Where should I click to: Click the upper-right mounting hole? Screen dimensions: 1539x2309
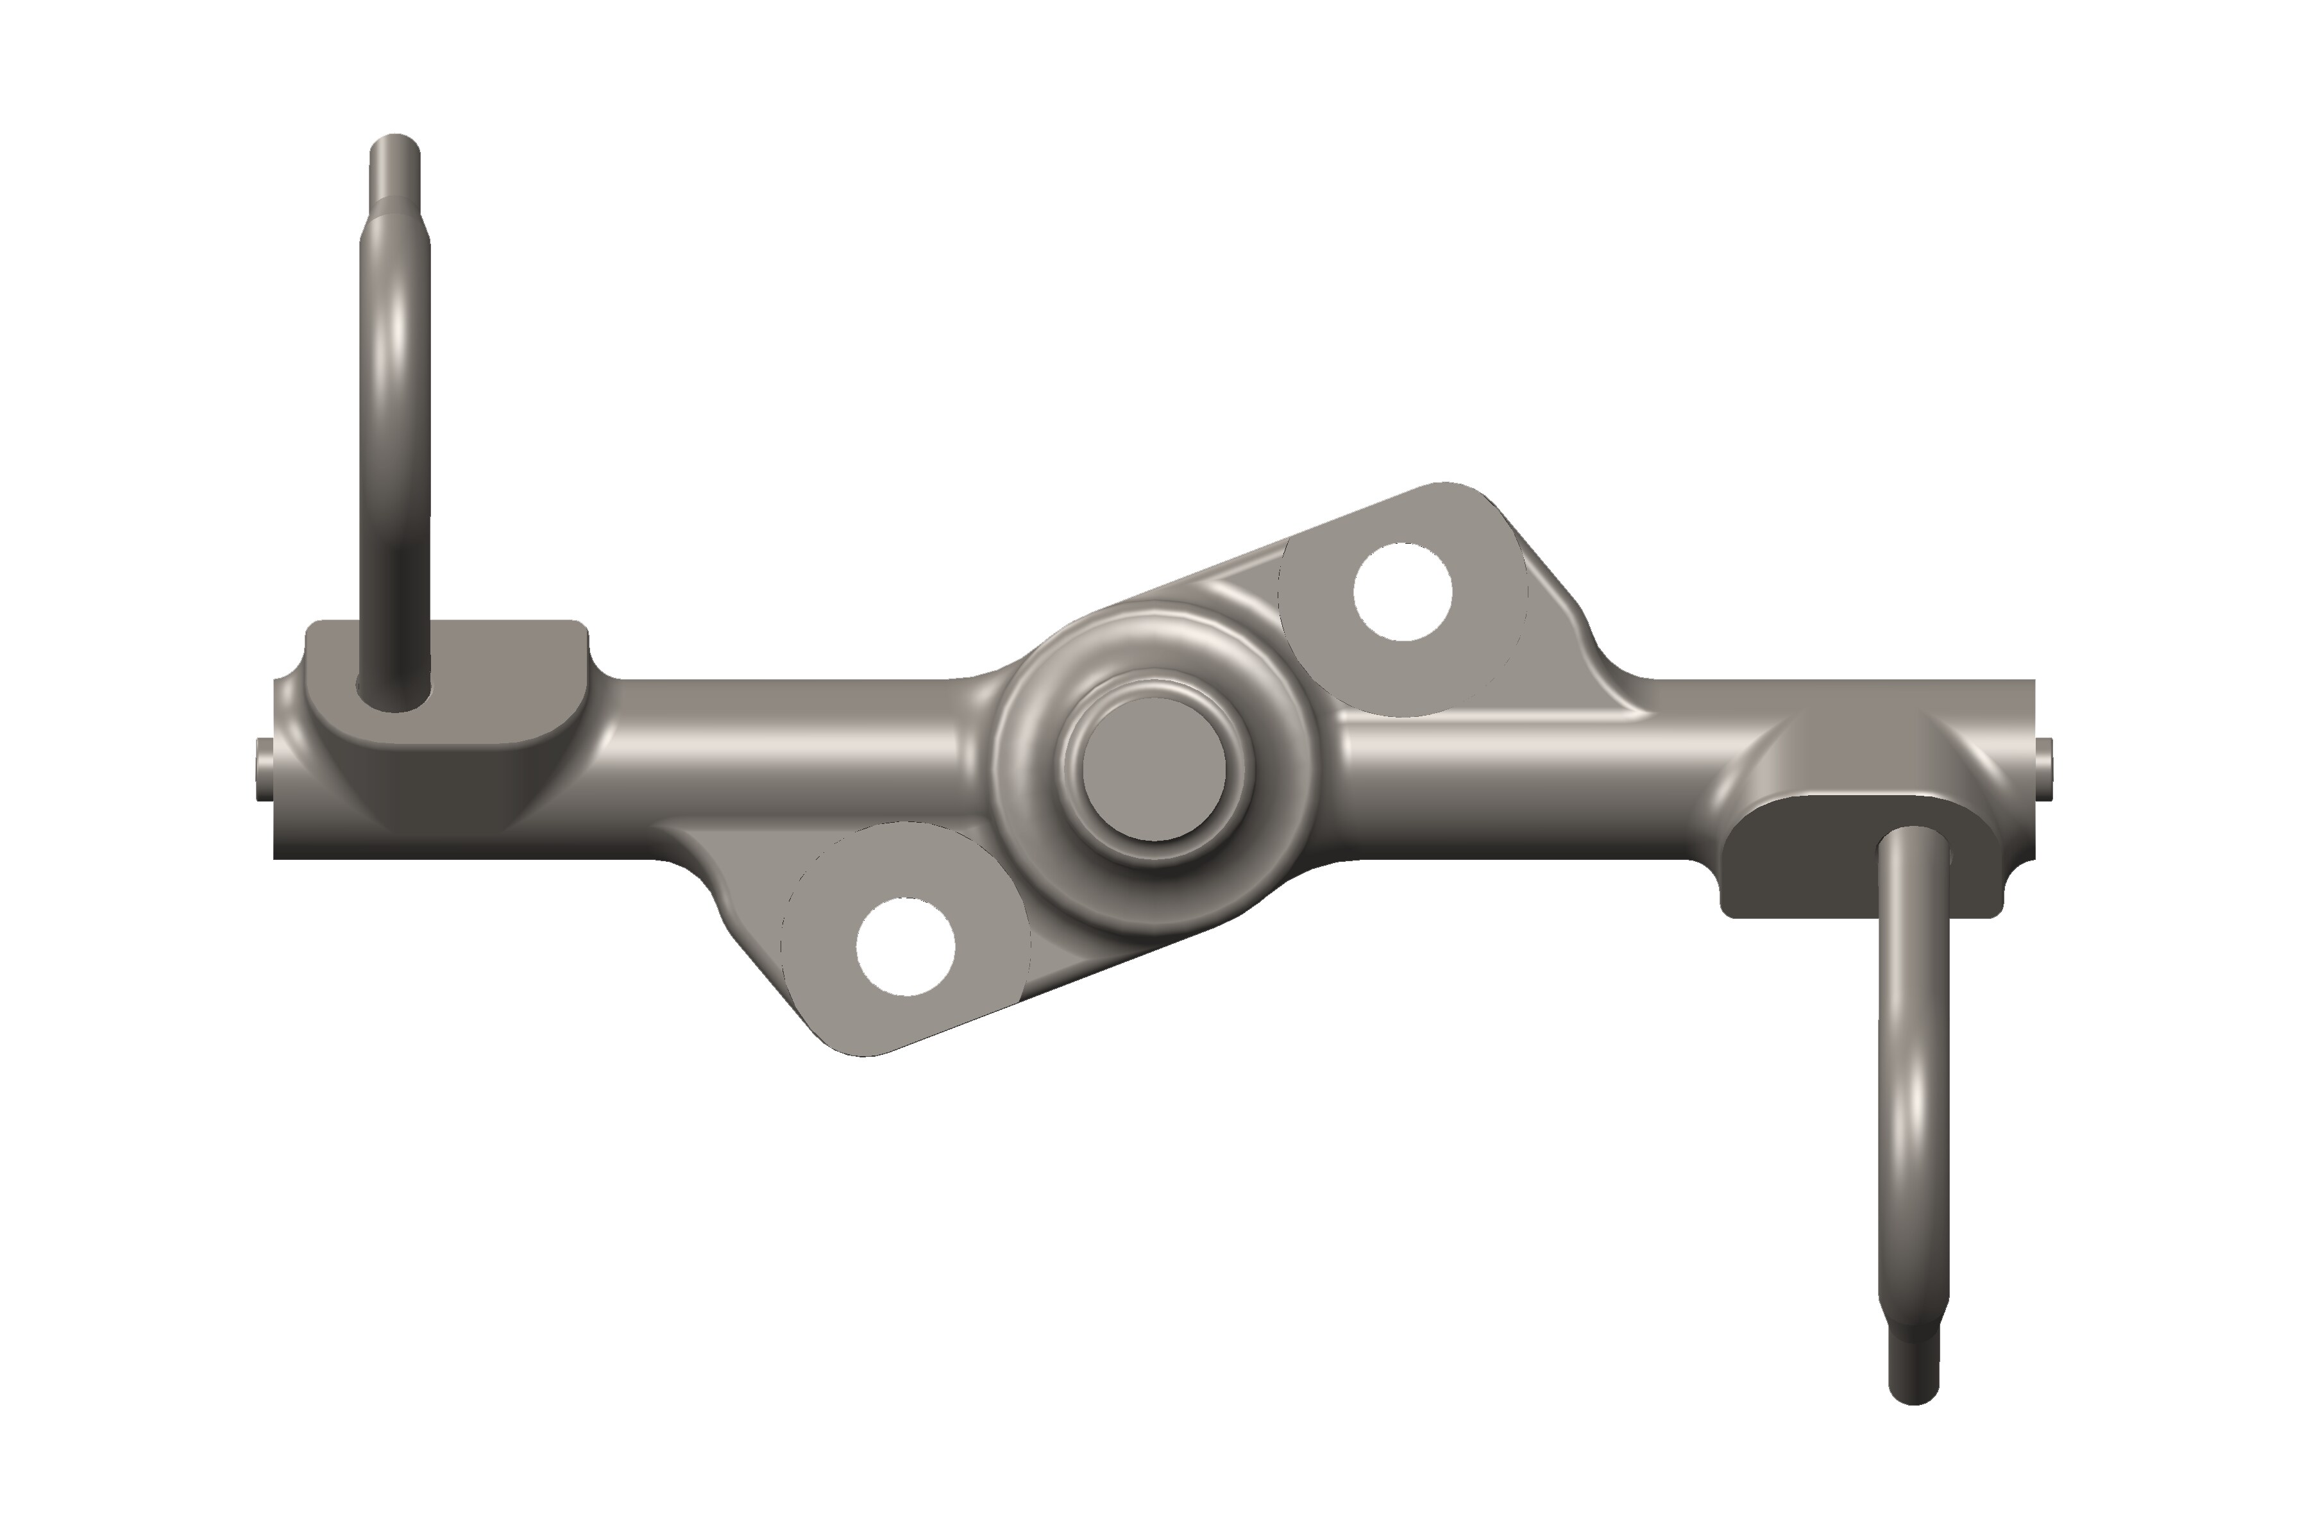pyautogui.click(x=1402, y=592)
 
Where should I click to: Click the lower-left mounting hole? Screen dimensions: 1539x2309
pyautogui.click(x=905, y=946)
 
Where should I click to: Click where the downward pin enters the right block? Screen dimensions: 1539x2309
pyautogui.click(x=1913, y=844)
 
